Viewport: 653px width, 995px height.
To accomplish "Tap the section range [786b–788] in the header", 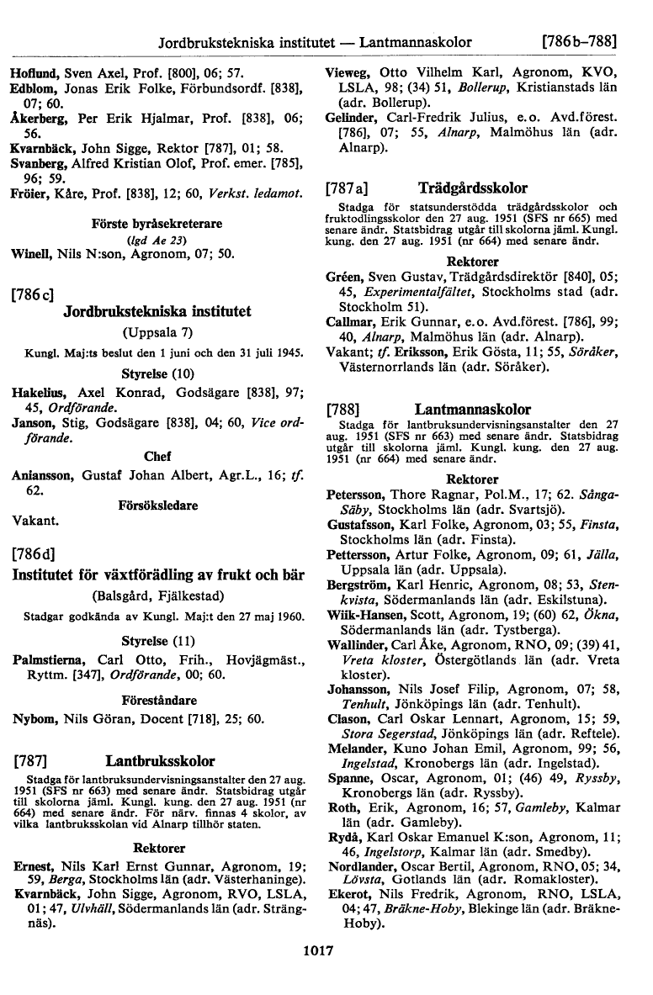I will click(x=580, y=40).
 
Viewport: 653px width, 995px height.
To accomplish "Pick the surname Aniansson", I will click(x=44, y=477).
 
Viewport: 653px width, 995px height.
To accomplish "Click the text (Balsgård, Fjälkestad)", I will click(x=158, y=596).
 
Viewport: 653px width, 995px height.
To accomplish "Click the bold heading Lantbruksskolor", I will click(x=160, y=762).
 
